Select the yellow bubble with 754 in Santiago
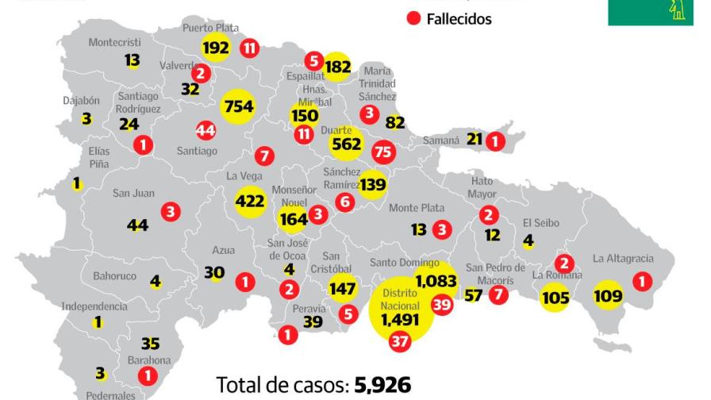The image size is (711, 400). pyautogui.click(x=238, y=107)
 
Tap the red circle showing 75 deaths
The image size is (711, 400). pyautogui.click(x=383, y=152)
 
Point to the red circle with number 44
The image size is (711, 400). pyautogui.click(x=206, y=129)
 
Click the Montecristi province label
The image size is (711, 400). pyautogui.click(x=114, y=41)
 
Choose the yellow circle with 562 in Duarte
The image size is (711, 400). pyautogui.click(x=347, y=144)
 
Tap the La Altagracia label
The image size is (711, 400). pyautogui.click(x=623, y=258)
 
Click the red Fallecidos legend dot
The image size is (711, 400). pyautogui.click(x=413, y=19)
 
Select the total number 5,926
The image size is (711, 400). pyautogui.click(x=384, y=385)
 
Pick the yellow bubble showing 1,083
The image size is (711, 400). pyautogui.click(x=436, y=281)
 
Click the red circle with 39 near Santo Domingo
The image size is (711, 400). pyautogui.click(x=441, y=305)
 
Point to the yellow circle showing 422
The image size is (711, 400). pyautogui.click(x=250, y=202)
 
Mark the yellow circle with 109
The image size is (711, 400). pyautogui.click(x=608, y=297)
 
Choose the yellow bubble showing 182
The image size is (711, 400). pyautogui.click(x=338, y=67)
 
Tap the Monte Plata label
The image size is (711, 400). pyautogui.click(x=417, y=208)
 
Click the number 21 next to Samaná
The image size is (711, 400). pyautogui.click(x=475, y=140)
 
